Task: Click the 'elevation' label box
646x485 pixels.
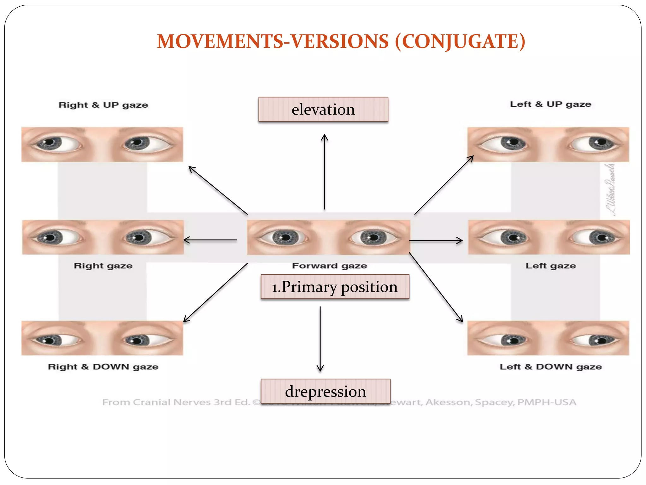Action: (x=323, y=109)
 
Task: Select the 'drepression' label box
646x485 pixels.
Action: (x=326, y=391)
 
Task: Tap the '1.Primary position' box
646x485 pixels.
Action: (x=335, y=287)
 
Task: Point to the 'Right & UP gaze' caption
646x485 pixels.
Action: (x=103, y=105)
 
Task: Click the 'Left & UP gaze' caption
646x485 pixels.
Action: (x=550, y=104)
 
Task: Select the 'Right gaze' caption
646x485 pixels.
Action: (x=103, y=266)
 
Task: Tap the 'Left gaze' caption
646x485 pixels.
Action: (x=550, y=266)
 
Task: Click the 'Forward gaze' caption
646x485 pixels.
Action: (x=329, y=266)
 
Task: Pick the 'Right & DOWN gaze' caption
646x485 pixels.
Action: (x=103, y=367)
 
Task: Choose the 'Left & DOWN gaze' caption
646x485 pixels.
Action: (x=550, y=367)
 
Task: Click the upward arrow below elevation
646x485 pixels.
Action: (x=324, y=172)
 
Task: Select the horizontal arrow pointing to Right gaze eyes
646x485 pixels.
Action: (x=210, y=240)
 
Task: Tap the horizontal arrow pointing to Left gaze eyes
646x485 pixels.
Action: (x=436, y=241)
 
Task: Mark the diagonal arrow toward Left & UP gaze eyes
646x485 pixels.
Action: (x=444, y=185)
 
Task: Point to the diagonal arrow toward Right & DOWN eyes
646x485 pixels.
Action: (x=215, y=292)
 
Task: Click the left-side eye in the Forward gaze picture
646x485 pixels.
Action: (x=285, y=237)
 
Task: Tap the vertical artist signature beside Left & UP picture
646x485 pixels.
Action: (x=610, y=189)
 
